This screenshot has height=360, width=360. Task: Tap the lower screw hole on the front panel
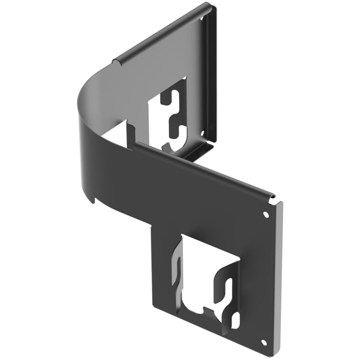pyautogui.click(x=263, y=342)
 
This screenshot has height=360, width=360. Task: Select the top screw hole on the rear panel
pyautogui.click(x=202, y=18)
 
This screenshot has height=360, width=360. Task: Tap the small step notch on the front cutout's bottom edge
pyautogui.click(x=204, y=310)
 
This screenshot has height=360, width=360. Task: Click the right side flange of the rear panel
pyautogui.click(x=213, y=76)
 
